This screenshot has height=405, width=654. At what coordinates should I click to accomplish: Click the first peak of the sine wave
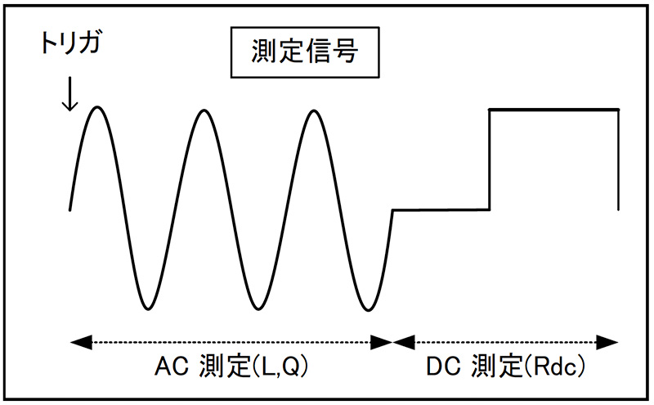coord(97,108)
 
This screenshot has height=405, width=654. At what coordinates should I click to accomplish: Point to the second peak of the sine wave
coord(204,108)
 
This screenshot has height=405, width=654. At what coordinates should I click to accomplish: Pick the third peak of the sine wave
coord(311,108)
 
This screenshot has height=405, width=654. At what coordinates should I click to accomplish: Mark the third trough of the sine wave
coord(365,308)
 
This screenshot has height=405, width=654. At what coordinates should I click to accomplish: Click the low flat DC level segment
coord(441,210)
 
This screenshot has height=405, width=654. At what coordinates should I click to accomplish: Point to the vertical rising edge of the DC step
coord(489,160)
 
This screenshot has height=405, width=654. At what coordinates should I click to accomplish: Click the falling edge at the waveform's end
coord(617,160)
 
